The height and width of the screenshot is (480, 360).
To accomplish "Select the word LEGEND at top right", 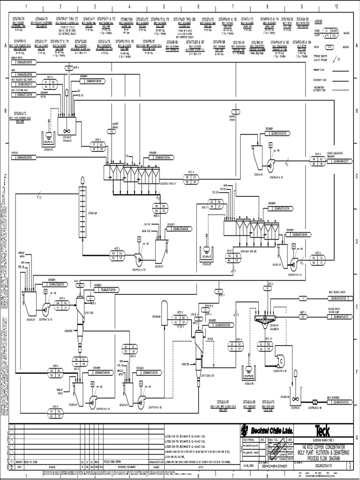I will [318, 22].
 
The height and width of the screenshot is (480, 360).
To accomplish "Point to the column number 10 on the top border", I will [336, 6].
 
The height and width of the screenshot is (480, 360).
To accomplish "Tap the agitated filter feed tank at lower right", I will [295, 398].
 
